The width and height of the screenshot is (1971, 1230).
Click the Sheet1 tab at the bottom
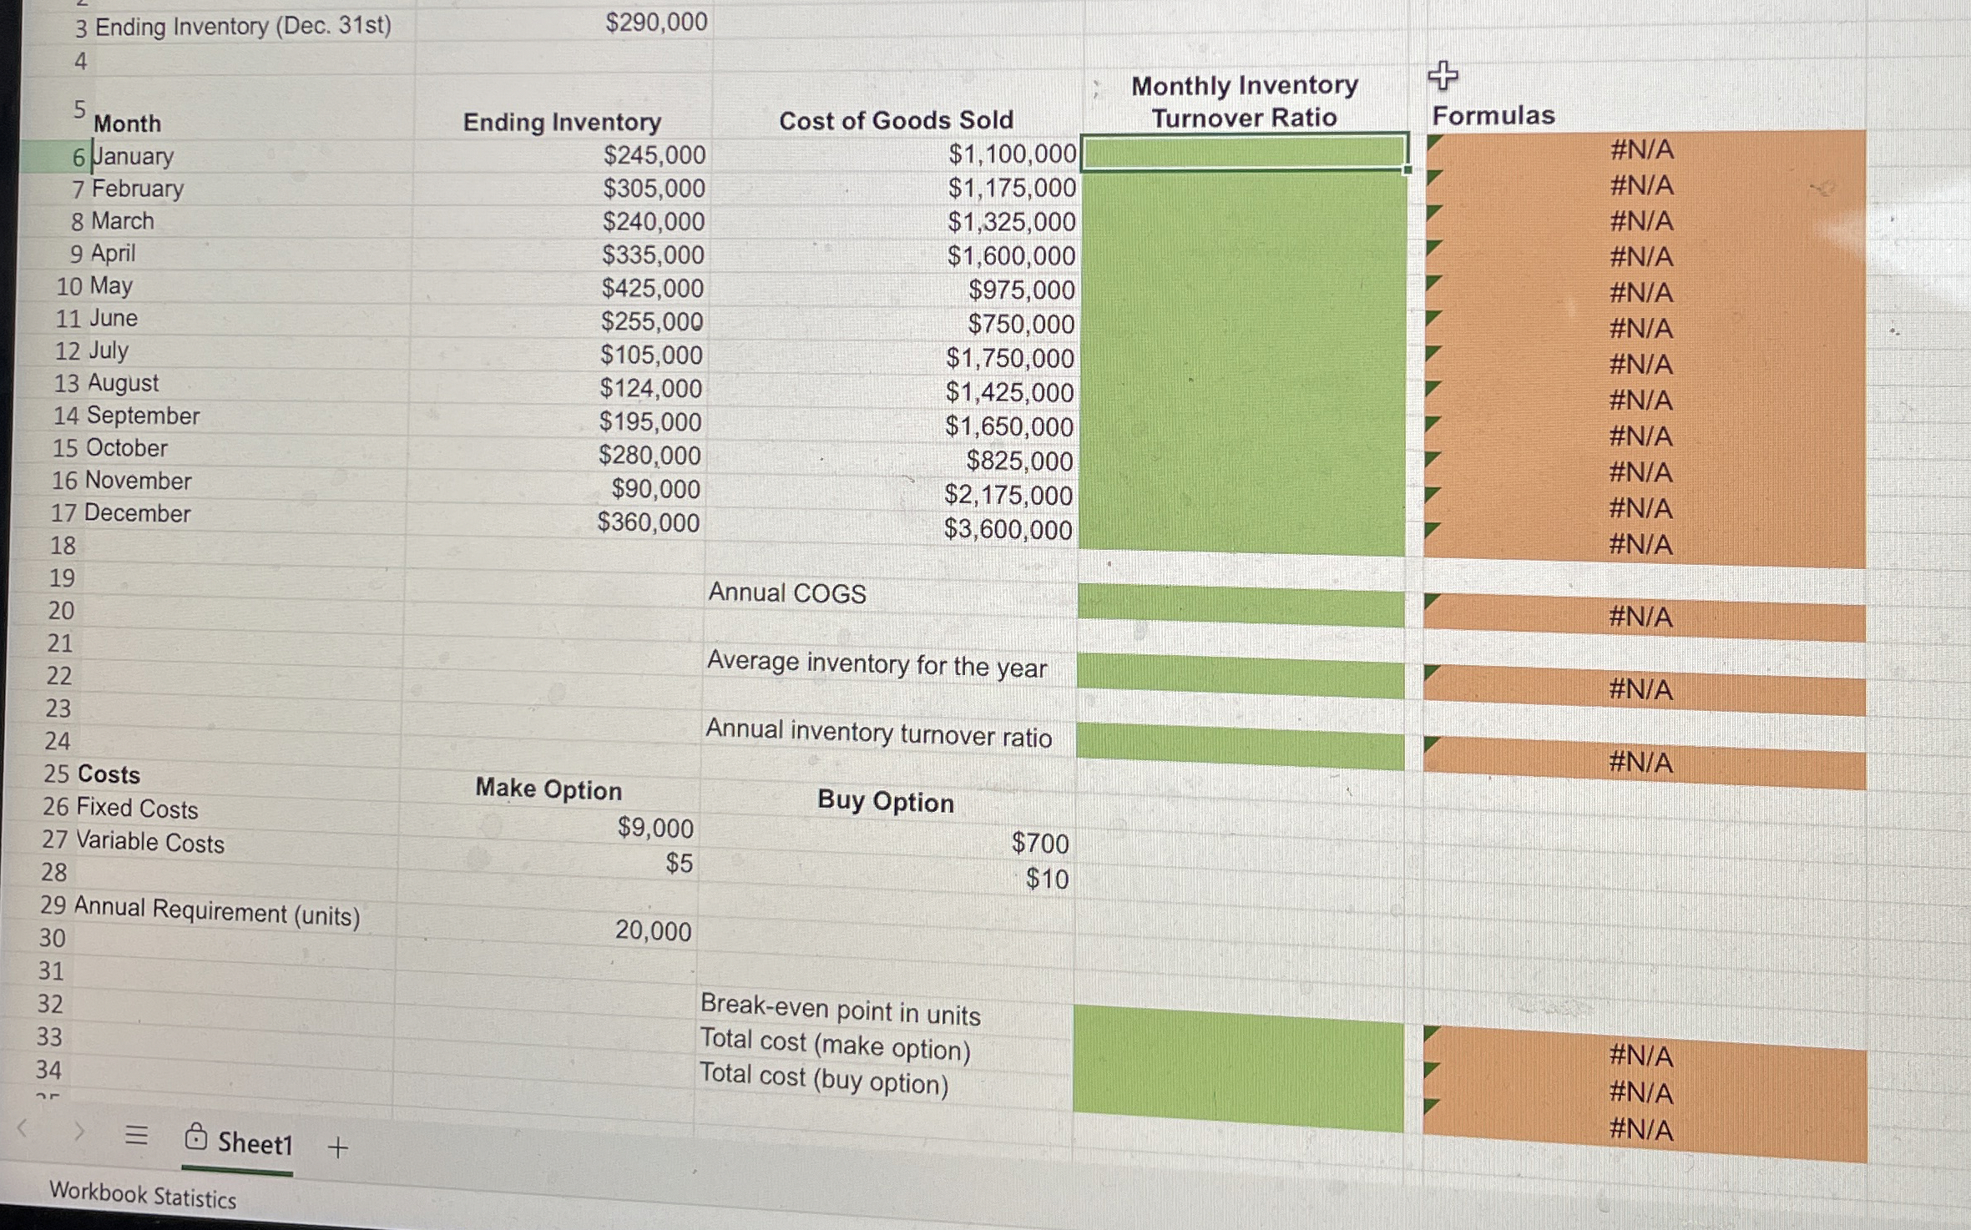click(x=254, y=1142)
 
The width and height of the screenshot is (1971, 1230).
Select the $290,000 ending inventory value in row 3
click(x=656, y=23)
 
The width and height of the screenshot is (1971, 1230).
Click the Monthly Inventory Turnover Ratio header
click(x=1244, y=101)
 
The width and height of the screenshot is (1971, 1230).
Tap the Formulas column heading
click(x=1493, y=115)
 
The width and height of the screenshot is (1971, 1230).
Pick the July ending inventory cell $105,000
click(x=651, y=355)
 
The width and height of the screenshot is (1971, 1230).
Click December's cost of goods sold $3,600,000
click(x=1008, y=529)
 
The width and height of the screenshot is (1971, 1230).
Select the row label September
click(x=143, y=416)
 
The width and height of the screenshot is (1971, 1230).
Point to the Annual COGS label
click(x=787, y=593)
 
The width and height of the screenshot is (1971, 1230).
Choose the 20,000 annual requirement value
click(x=653, y=930)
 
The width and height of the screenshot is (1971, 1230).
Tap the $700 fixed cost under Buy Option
click(x=1039, y=843)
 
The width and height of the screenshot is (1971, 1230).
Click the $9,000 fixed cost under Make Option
click(x=655, y=828)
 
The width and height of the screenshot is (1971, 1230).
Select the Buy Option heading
click(x=885, y=801)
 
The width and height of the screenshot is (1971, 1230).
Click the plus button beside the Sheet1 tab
click(x=337, y=1148)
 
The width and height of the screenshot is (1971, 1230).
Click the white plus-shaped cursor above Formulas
click(x=1443, y=76)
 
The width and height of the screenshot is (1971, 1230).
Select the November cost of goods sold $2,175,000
click(x=1008, y=495)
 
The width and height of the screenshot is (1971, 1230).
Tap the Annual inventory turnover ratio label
click(x=878, y=733)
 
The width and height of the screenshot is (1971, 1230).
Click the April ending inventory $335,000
click(x=654, y=255)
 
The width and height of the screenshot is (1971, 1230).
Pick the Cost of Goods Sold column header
click(x=896, y=121)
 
